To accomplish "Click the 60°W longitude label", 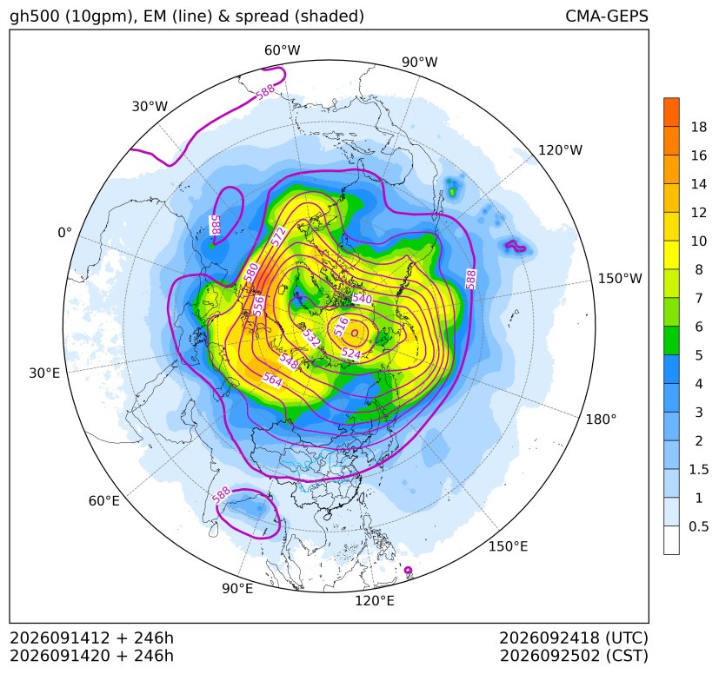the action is pyautogui.click(x=282, y=50).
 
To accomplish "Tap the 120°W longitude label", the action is pyautogui.click(x=560, y=150).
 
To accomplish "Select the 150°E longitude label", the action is pyautogui.click(x=508, y=546).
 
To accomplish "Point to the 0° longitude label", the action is pyautogui.click(x=64, y=233).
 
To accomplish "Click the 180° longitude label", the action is pyautogui.click(x=601, y=420).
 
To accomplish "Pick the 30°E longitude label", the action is pyautogui.click(x=44, y=373).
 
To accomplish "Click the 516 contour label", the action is pyautogui.click(x=341, y=327).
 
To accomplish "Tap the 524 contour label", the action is pyautogui.click(x=351, y=354).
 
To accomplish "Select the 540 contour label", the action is pyautogui.click(x=363, y=299).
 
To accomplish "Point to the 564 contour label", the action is pyautogui.click(x=272, y=380).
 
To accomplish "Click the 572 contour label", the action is pyautogui.click(x=279, y=236).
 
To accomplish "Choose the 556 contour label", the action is pyautogui.click(x=259, y=306).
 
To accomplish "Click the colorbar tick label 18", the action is pyautogui.click(x=699, y=128).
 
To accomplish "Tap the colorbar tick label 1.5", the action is pyautogui.click(x=699, y=469).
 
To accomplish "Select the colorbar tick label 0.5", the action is pyautogui.click(x=699, y=526).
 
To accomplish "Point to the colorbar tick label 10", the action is pyautogui.click(x=699, y=241).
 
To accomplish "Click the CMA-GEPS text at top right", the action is pyautogui.click(x=607, y=16).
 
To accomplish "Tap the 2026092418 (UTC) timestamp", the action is pyautogui.click(x=574, y=638).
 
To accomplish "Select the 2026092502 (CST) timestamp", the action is pyautogui.click(x=574, y=656).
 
